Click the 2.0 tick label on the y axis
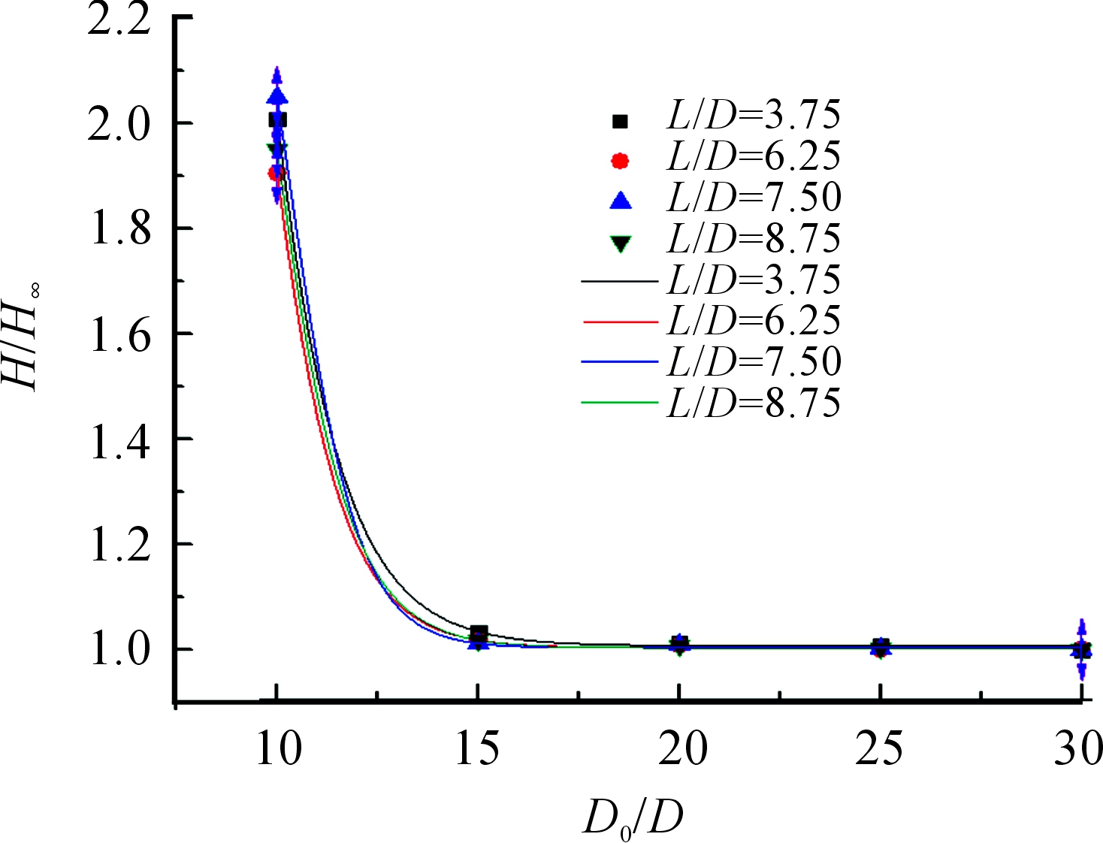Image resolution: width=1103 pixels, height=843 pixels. (x=119, y=124)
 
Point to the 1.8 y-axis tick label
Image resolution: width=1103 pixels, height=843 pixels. (x=119, y=229)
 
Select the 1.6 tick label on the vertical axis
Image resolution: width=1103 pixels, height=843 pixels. (x=119, y=334)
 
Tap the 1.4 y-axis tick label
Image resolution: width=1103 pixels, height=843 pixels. (x=119, y=440)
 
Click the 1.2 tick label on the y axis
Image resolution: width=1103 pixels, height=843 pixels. (x=119, y=545)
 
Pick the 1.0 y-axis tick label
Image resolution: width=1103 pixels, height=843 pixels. (x=119, y=651)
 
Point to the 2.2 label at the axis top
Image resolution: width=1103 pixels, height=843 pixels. (x=119, y=20)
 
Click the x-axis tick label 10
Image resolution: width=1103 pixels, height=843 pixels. (x=278, y=748)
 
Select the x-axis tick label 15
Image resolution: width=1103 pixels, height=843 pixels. (x=478, y=748)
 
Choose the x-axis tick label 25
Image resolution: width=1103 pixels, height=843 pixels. (x=879, y=748)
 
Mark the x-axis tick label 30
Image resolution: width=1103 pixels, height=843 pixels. (x=1078, y=748)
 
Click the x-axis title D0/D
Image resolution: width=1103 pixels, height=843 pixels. (x=633, y=819)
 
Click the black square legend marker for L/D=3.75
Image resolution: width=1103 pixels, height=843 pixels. (x=620, y=120)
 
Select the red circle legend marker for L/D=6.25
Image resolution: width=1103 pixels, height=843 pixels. (x=620, y=160)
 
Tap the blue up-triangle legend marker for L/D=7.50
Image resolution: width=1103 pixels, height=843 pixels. (x=621, y=200)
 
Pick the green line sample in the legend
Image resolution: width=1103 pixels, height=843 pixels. (x=619, y=403)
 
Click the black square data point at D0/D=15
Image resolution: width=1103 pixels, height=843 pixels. (x=479, y=633)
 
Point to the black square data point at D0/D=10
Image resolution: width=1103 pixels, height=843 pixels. (x=277, y=119)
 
